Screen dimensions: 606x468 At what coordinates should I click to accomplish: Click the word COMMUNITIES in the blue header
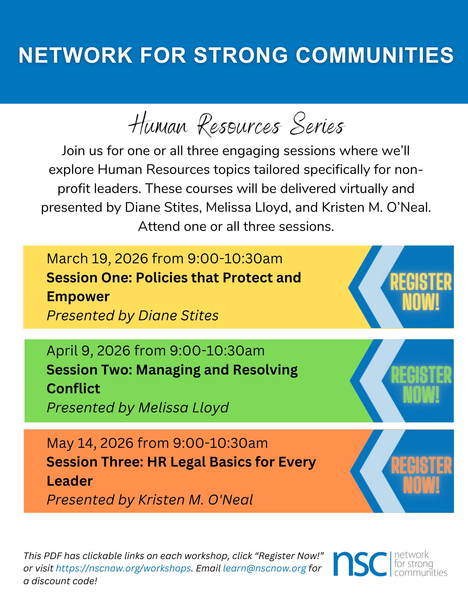click(x=374, y=55)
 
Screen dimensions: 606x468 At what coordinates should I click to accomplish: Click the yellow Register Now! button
click(x=420, y=291)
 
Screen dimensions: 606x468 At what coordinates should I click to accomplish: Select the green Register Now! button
click(x=421, y=384)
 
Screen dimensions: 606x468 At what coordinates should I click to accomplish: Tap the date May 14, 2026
click(x=90, y=443)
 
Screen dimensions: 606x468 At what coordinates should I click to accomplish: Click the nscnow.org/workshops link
click(x=123, y=568)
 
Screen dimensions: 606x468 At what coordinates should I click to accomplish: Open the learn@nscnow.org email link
click(x=264, y=568)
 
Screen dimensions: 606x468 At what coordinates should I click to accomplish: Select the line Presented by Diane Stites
click(x=132, y=315)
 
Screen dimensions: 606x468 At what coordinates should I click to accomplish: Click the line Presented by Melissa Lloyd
click(x=138, y=408)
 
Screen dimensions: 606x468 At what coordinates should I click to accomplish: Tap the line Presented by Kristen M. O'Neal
click(x=150, y=500)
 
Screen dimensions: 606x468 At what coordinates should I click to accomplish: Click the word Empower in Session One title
click(x=78, y=297)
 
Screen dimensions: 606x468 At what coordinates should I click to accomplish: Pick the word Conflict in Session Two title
click(x=73, y=389)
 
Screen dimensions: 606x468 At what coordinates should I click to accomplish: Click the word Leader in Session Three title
click(x=70, y=481)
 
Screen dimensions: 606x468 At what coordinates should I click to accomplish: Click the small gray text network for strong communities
click(x=420, y=564)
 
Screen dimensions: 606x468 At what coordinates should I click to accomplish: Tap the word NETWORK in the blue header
click(x=75, y=55)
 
